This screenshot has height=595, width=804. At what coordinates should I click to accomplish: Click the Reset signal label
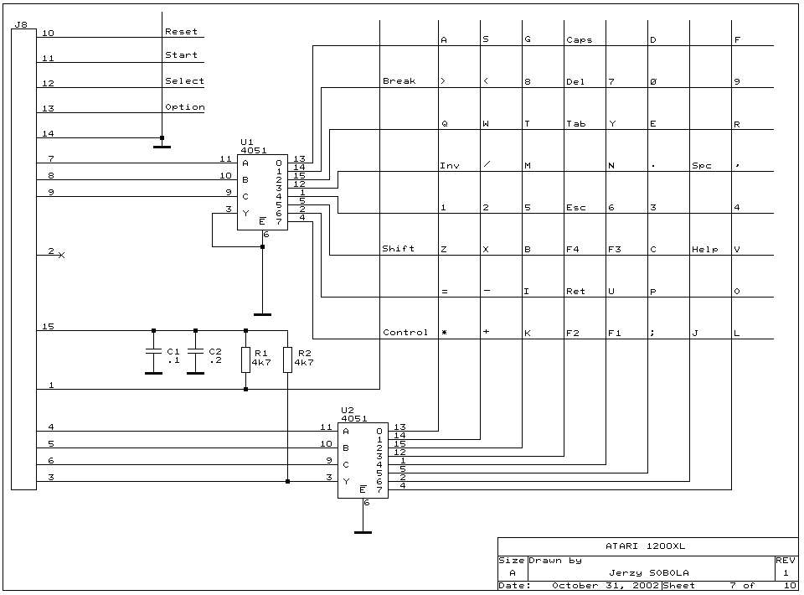tap(181, 32)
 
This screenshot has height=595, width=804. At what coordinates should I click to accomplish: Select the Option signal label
tap(184, 107)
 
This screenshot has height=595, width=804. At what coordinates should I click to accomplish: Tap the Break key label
tap(399, 81)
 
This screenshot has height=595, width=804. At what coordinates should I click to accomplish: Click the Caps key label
tap(579, 39)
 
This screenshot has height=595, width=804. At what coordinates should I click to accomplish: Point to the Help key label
tap(705, 249)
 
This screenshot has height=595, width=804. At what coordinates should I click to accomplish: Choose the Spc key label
tap(701, 165)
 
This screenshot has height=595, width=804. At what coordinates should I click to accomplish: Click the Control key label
tap(405, 333)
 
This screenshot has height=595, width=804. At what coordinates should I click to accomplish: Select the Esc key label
tap(575, 207)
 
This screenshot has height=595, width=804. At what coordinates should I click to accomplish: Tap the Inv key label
tap(450, 165)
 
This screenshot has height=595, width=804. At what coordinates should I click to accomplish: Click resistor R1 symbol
tap(245, 360)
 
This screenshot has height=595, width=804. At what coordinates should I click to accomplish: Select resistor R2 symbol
tap(287, 360)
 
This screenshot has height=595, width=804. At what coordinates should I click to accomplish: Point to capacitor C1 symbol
tap(153, 353)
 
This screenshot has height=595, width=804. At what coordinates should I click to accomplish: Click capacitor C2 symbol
tap(195, 353)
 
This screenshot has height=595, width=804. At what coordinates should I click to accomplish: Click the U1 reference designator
tap(246, 142)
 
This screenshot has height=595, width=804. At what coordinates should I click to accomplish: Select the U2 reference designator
tap(347, 410)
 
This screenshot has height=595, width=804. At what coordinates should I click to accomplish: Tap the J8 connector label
tap(21, 25)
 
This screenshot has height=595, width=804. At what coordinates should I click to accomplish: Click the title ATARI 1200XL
tap(647, 546)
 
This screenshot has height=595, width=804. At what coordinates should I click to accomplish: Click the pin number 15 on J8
tap(49, 326)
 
